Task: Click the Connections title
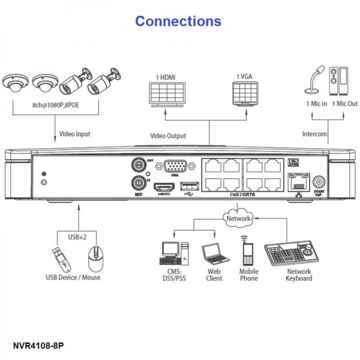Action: point(178,21)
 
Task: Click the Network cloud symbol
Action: point(238,218)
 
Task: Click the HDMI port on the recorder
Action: point(163,188)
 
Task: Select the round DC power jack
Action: point(319,182)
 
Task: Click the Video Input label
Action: point(75,134)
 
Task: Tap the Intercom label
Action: point(313,134)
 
